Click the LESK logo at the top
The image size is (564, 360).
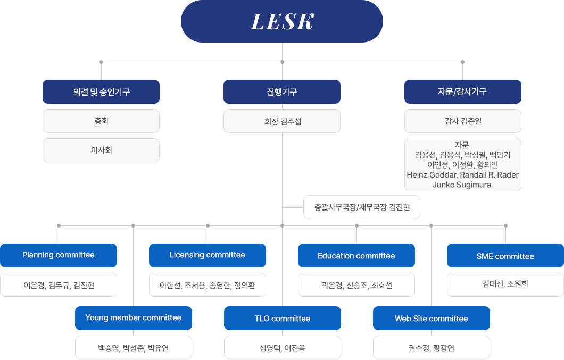pos(282,21)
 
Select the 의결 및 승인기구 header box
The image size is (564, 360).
pos(101,91)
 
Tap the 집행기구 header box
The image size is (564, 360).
pos(282,91)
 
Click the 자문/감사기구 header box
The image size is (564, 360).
pos(463,91)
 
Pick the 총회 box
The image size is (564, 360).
pos(101,121)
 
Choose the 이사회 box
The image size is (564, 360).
pos(101,150)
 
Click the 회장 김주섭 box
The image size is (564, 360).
pos(282,121)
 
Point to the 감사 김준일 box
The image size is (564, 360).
pos(463,121)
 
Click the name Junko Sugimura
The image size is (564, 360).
pos(462,185)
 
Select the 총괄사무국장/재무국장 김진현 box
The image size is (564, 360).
pos(362,207)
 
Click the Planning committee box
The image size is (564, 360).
pos(59,255)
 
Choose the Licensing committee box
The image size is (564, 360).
pos(208,255)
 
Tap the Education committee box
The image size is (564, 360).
pos(356,255)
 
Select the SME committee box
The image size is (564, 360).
pos(505,255)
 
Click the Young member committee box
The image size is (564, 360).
pos(134,319)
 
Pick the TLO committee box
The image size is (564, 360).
pos(283,319)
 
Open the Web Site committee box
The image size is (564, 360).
pos(432,319)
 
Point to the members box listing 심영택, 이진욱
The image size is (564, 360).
pos(283,347)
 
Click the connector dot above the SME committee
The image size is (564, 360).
pos(505,226)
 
